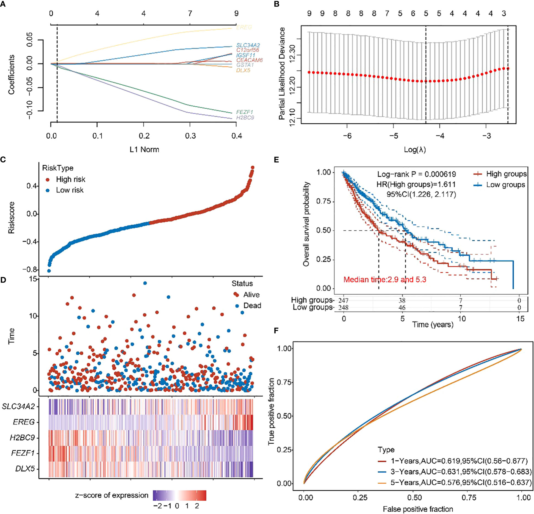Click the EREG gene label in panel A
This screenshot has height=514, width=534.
pos(244,27)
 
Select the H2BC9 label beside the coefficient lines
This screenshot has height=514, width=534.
pos(245,118)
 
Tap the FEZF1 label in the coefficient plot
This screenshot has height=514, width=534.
pos(245,112)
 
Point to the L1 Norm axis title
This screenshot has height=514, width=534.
pos(144,150)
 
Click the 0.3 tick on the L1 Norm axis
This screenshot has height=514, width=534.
pos(190,136)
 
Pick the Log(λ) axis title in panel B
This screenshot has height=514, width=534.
pos(415,150)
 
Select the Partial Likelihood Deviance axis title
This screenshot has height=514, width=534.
pos(282,74)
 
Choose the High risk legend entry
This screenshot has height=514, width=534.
pos(70,179)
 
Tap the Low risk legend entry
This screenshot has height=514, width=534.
pos(70,190)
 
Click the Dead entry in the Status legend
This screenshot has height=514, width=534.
pos(252,306)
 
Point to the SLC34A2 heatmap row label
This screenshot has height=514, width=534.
pos(18,406)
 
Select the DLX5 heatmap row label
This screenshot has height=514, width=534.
pos(25,468)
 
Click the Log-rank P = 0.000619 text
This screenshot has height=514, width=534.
pos(416,174)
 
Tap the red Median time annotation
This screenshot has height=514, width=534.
pos(385,280)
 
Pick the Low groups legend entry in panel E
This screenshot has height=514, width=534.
pos(505,185)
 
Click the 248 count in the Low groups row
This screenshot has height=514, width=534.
pos(343,307)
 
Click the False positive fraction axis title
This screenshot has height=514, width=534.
pos(418,509)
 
